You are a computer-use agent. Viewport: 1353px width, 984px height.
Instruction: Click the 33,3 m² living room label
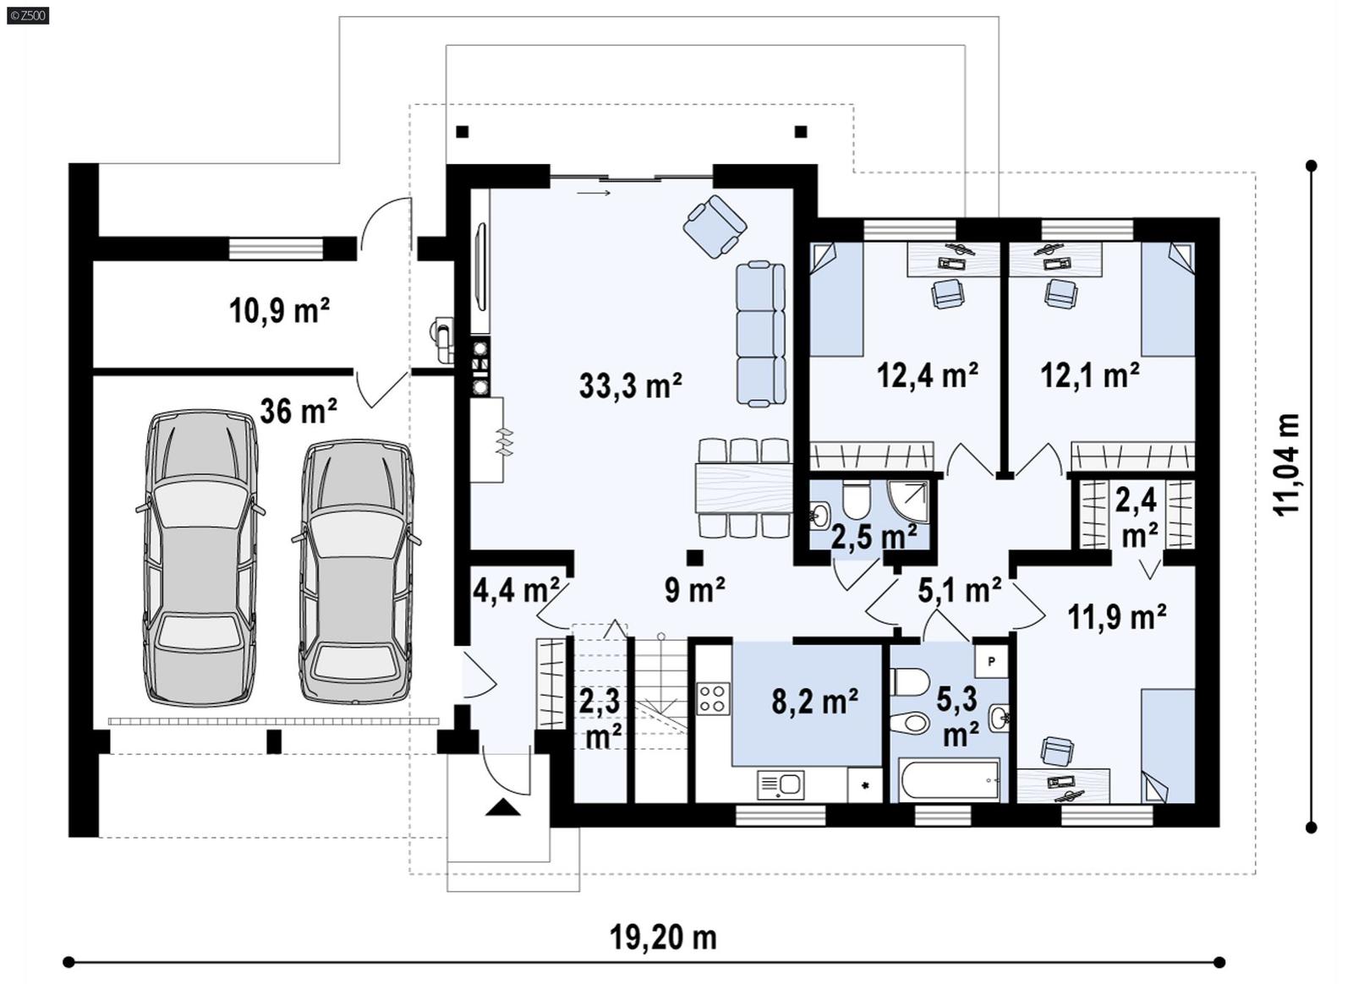tap(631, 385)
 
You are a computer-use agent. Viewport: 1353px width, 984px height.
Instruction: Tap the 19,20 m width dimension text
tap(663, 937)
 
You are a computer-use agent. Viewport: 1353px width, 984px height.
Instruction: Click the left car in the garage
tap(200, 558)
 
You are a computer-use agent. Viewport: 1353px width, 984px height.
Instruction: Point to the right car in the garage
tap(356, 572)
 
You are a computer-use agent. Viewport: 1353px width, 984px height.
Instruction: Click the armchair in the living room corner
tap(715, 227)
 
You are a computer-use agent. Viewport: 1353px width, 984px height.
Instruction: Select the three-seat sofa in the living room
tap(760, 334)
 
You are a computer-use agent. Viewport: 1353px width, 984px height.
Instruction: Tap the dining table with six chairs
tap(742, 488)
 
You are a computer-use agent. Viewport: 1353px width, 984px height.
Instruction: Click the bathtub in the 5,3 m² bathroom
tap(950, 779)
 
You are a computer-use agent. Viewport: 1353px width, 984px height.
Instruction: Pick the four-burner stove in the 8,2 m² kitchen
tap(713, 698)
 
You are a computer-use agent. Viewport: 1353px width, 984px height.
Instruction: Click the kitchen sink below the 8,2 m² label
tap(781, 785)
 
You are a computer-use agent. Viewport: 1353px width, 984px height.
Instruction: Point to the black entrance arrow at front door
tap(504, 807)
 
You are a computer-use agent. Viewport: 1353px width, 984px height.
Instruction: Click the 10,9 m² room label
tap(279, 310)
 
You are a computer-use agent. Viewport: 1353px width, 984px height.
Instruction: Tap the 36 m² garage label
tap(299, 411)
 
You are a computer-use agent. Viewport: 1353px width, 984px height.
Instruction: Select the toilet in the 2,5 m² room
tap(857, 500)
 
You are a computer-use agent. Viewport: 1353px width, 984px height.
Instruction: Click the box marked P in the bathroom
tap(991, 661)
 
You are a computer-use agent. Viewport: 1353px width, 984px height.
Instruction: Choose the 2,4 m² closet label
tap(1137, 517)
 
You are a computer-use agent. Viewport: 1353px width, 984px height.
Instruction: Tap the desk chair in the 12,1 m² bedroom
tap(1060, 292)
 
